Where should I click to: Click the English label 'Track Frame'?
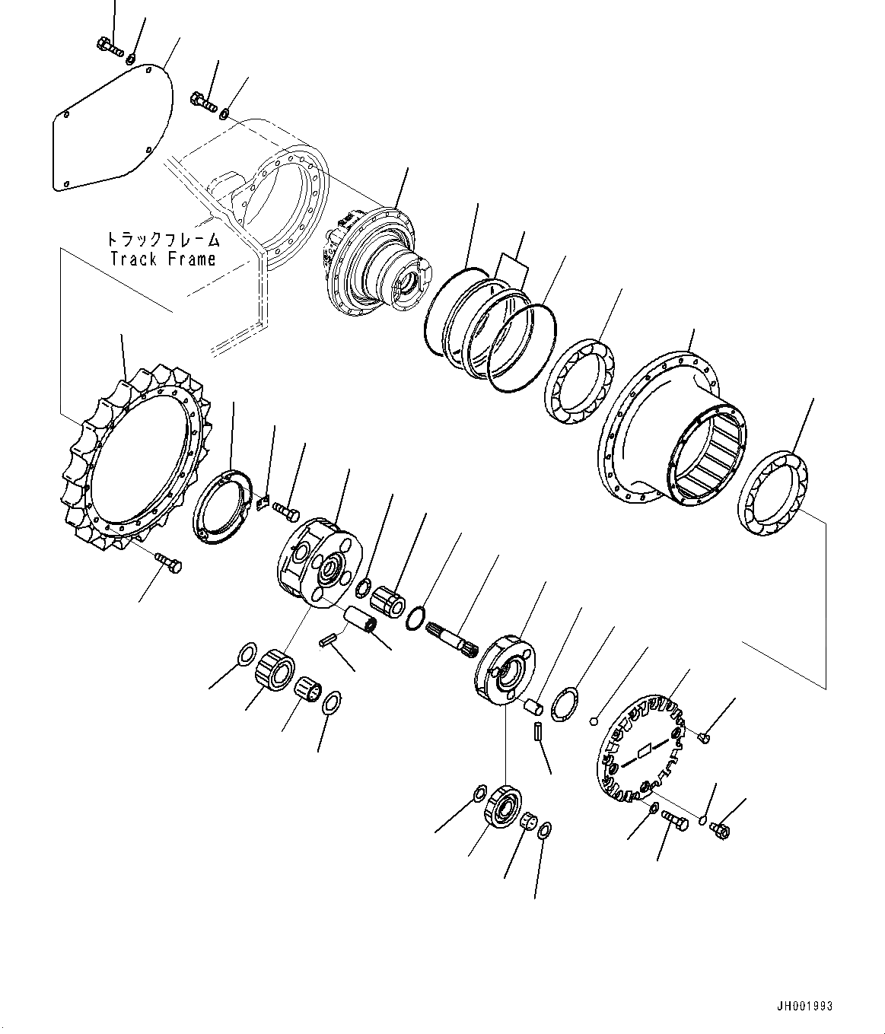coord(163,259)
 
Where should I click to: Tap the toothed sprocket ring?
coord(137,457)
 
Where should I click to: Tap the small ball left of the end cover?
coord(596,721)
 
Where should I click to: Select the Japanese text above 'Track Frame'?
coord(163,240)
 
